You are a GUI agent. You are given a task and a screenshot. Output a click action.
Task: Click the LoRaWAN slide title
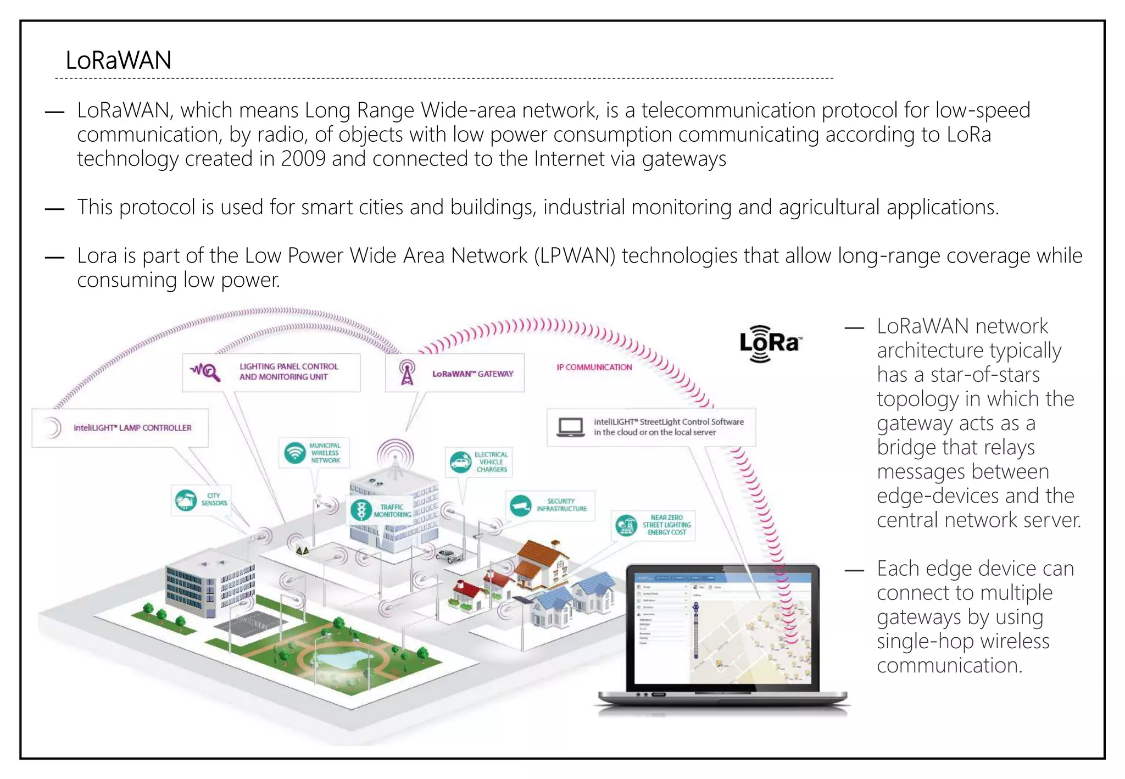click(x=118, y=60)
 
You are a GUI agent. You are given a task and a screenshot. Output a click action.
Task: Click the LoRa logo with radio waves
click(x=770, y=343)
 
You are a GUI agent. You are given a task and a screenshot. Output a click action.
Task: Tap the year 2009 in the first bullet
click(x=303, y=159)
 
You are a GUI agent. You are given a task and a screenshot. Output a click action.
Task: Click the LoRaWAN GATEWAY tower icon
click(x=407, y=372)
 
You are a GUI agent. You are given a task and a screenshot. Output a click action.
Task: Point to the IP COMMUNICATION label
click(x=594, y=367)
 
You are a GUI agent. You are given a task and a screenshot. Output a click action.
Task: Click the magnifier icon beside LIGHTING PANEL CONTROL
click(x=206, y=372)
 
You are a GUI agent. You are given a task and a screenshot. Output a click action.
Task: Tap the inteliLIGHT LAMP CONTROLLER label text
click(x=132, y=427)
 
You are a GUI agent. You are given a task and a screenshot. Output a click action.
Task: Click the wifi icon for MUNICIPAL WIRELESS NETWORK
click(x=295, y=453)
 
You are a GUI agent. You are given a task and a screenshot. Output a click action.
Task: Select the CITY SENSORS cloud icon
click(x=186, y=500)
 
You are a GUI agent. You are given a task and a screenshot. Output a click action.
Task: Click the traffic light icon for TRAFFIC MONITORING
click(x=361, y=510)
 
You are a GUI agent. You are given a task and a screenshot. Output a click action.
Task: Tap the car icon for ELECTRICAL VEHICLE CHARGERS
click(x=460, y=462)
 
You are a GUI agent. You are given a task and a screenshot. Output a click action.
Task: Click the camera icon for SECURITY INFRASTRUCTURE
click(x=520, y=505)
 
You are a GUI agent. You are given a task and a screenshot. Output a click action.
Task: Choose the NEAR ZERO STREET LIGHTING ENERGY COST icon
click(x=626, y=525)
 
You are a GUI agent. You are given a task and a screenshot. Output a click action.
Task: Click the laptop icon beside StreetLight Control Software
click(x=570, y=427)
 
